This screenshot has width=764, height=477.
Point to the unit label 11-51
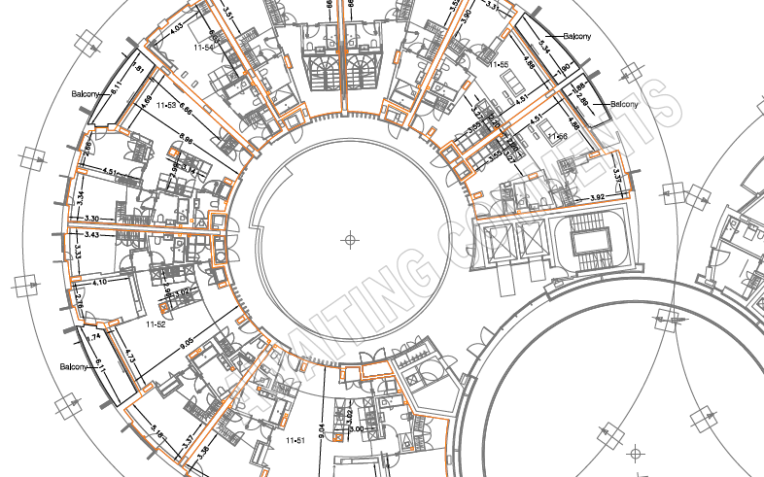295,441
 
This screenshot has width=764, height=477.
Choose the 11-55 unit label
499,64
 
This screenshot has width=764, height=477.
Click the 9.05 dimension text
188,342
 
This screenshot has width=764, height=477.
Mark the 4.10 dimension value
98,282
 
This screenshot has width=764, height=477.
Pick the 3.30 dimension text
93,219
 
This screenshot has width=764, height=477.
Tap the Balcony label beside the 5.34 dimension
576,37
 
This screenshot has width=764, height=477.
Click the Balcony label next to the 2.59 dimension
622,104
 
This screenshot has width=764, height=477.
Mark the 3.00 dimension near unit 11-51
357,429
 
